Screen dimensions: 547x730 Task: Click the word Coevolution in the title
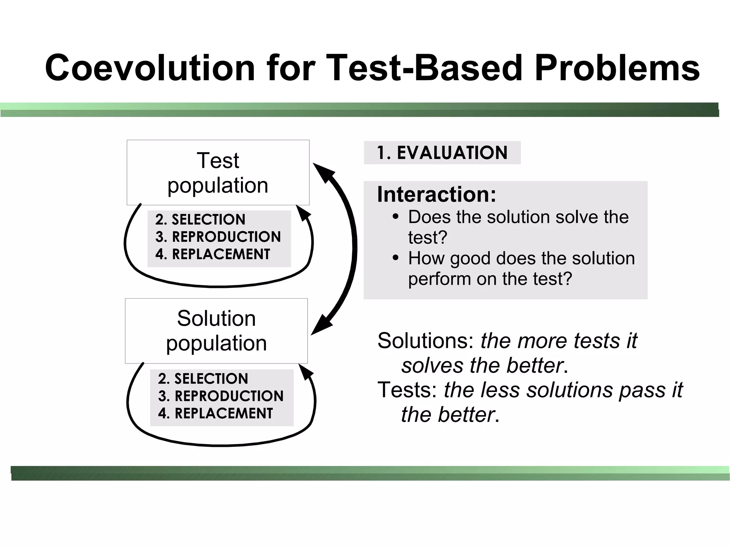(150, 68)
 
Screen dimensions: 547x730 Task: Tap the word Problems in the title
(617, 68)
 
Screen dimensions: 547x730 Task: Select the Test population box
(218, 172)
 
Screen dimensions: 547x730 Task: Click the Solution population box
(216, 331)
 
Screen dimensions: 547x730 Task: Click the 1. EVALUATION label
(442, 153)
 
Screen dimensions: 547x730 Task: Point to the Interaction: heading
(436, 195)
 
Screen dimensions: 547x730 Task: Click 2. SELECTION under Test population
(200, 220)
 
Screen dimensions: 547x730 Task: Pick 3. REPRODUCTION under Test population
(218, 237)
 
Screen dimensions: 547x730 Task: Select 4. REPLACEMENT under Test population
(213, 254)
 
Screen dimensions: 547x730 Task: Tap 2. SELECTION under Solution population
(203, 378)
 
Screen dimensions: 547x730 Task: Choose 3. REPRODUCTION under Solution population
(221, 396)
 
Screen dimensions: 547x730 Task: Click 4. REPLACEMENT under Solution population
(215, 413)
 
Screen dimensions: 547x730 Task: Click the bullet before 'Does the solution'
(395, 217)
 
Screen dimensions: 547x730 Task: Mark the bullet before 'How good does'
(395, 258)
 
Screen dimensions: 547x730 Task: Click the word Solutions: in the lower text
(426, 341)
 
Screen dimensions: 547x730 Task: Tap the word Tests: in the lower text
(407, 390)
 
